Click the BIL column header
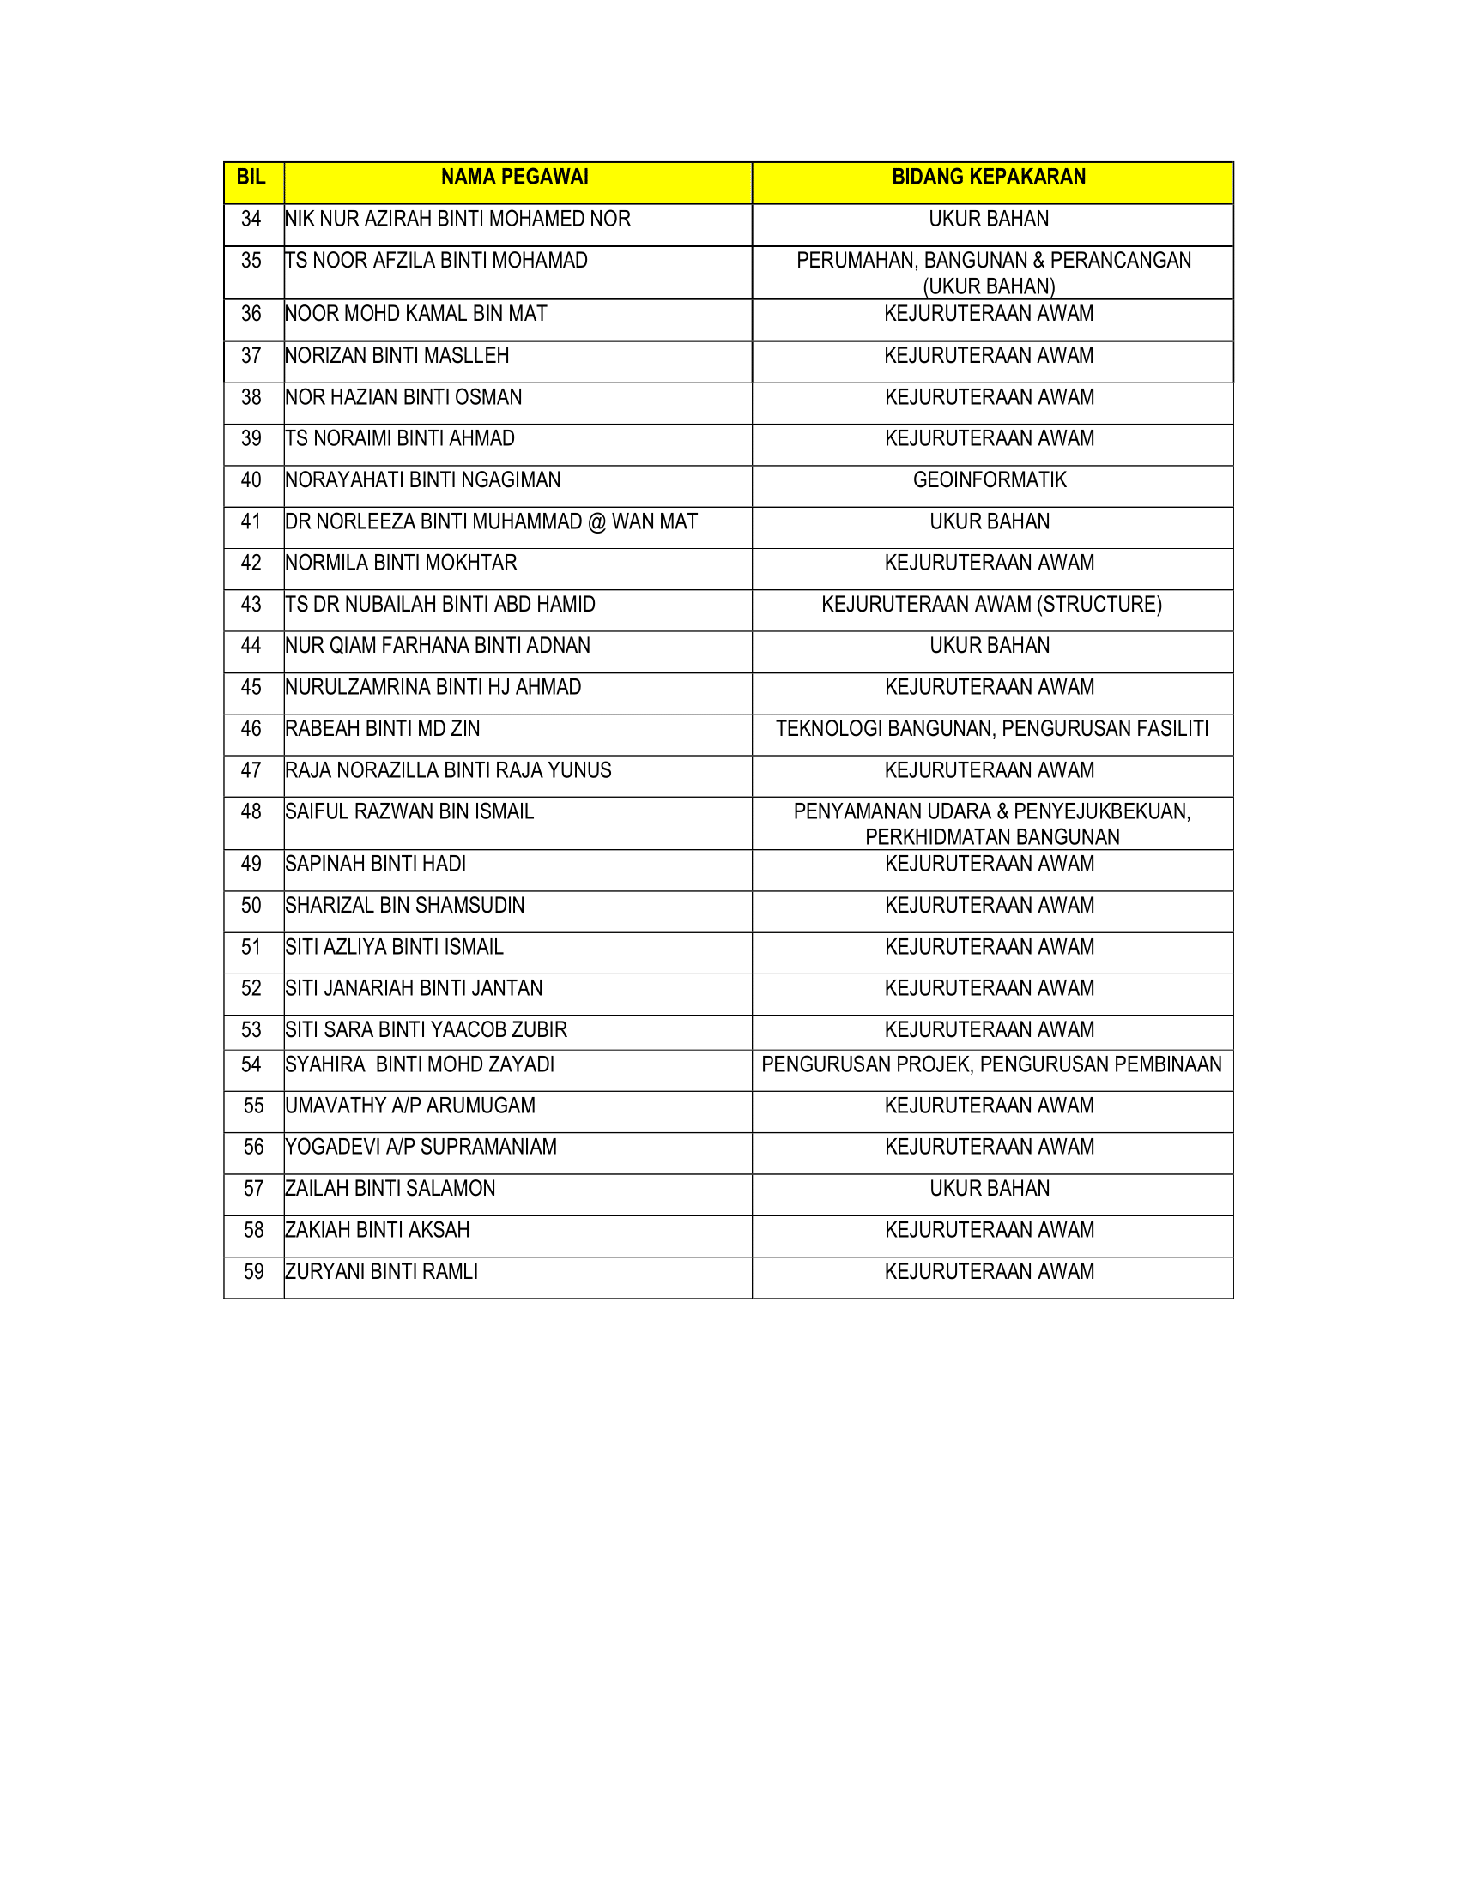coord(251,178)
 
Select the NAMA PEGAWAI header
coord(514,178)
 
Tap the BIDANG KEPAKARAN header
coord(989,178)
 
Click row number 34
coord(251,220)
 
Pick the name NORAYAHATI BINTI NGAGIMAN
coord(422,480)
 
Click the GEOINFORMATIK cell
coord(990,480)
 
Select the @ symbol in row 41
coord(597,522)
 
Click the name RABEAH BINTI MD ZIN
coord(382,729)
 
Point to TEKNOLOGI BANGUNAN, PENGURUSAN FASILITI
coord(991,729)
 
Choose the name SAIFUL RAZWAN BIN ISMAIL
coord(409,812)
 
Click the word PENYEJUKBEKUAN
coord(1115,812)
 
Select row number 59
coord(253,1272)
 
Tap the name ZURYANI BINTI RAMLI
coord(381,1272)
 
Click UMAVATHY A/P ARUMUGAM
coord(409,1106)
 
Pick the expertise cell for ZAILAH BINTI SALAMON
coord(990,1189)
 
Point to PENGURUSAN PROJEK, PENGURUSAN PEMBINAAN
coord(991,1064)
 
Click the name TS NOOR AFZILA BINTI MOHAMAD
coord(437,261)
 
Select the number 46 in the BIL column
coord(251,729)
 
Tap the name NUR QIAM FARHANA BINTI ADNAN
coord(438,646)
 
